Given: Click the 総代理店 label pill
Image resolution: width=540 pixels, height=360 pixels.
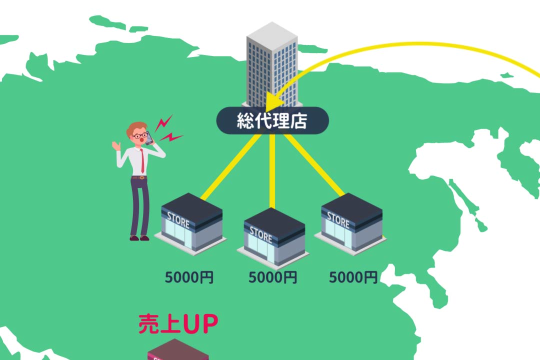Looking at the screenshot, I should click(x=272, y=121).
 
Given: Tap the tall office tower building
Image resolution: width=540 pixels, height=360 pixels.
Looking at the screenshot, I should click(x=272, y=65).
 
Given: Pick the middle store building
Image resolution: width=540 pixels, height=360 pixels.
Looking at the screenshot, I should click(x=273, y=236).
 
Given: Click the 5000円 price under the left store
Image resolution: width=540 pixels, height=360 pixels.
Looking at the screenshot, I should click(x=189, y=277).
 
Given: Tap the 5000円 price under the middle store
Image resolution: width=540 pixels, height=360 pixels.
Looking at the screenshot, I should click(x=272, y=277).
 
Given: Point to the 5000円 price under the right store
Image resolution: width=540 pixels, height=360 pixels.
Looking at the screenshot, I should click(x=353, y=277).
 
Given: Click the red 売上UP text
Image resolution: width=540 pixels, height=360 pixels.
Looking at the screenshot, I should click(x=178, y=324).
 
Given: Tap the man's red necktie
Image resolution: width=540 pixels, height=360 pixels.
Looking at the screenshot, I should click(x=142, y=160).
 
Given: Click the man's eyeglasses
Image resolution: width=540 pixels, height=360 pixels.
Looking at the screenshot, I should click(x=140, y=135).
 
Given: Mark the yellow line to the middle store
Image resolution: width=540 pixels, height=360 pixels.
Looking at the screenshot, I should click(x=272, y=170).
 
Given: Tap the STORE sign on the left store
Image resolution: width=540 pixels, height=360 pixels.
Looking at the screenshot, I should click(x=178, y=219).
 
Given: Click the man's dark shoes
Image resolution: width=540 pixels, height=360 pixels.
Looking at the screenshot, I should click(x=139, y=238).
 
